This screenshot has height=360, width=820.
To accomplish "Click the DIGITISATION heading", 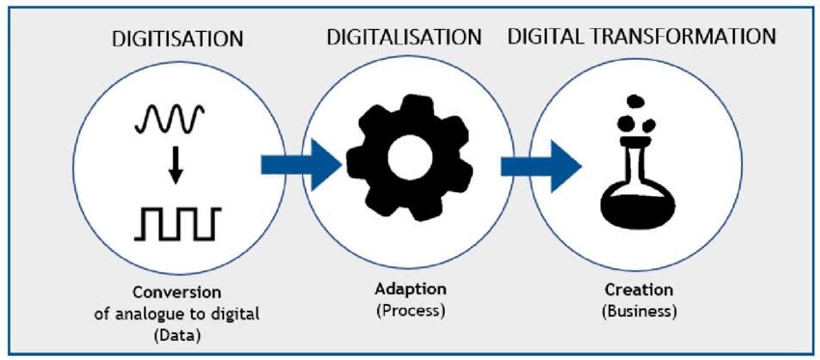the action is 178,39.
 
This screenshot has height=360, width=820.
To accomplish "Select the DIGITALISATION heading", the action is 404,37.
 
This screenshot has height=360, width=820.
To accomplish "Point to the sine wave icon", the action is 170,119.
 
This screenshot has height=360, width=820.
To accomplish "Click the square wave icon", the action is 178,223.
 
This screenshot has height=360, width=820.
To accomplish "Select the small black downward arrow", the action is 176,165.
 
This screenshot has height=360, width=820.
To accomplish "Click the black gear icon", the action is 409,157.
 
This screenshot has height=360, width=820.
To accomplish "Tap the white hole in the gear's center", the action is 409,158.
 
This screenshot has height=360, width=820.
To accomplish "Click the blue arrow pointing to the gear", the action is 301,165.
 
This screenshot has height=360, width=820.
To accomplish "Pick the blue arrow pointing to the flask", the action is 541,166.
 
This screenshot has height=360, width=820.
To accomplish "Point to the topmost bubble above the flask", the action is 635,101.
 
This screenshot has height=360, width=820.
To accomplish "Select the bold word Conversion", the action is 178,292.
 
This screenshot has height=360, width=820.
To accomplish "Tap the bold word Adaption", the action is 410,289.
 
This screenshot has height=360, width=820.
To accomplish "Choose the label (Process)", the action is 410,311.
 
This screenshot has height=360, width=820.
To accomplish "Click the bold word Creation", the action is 639,290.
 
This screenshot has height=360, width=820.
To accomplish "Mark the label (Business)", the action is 639,311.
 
